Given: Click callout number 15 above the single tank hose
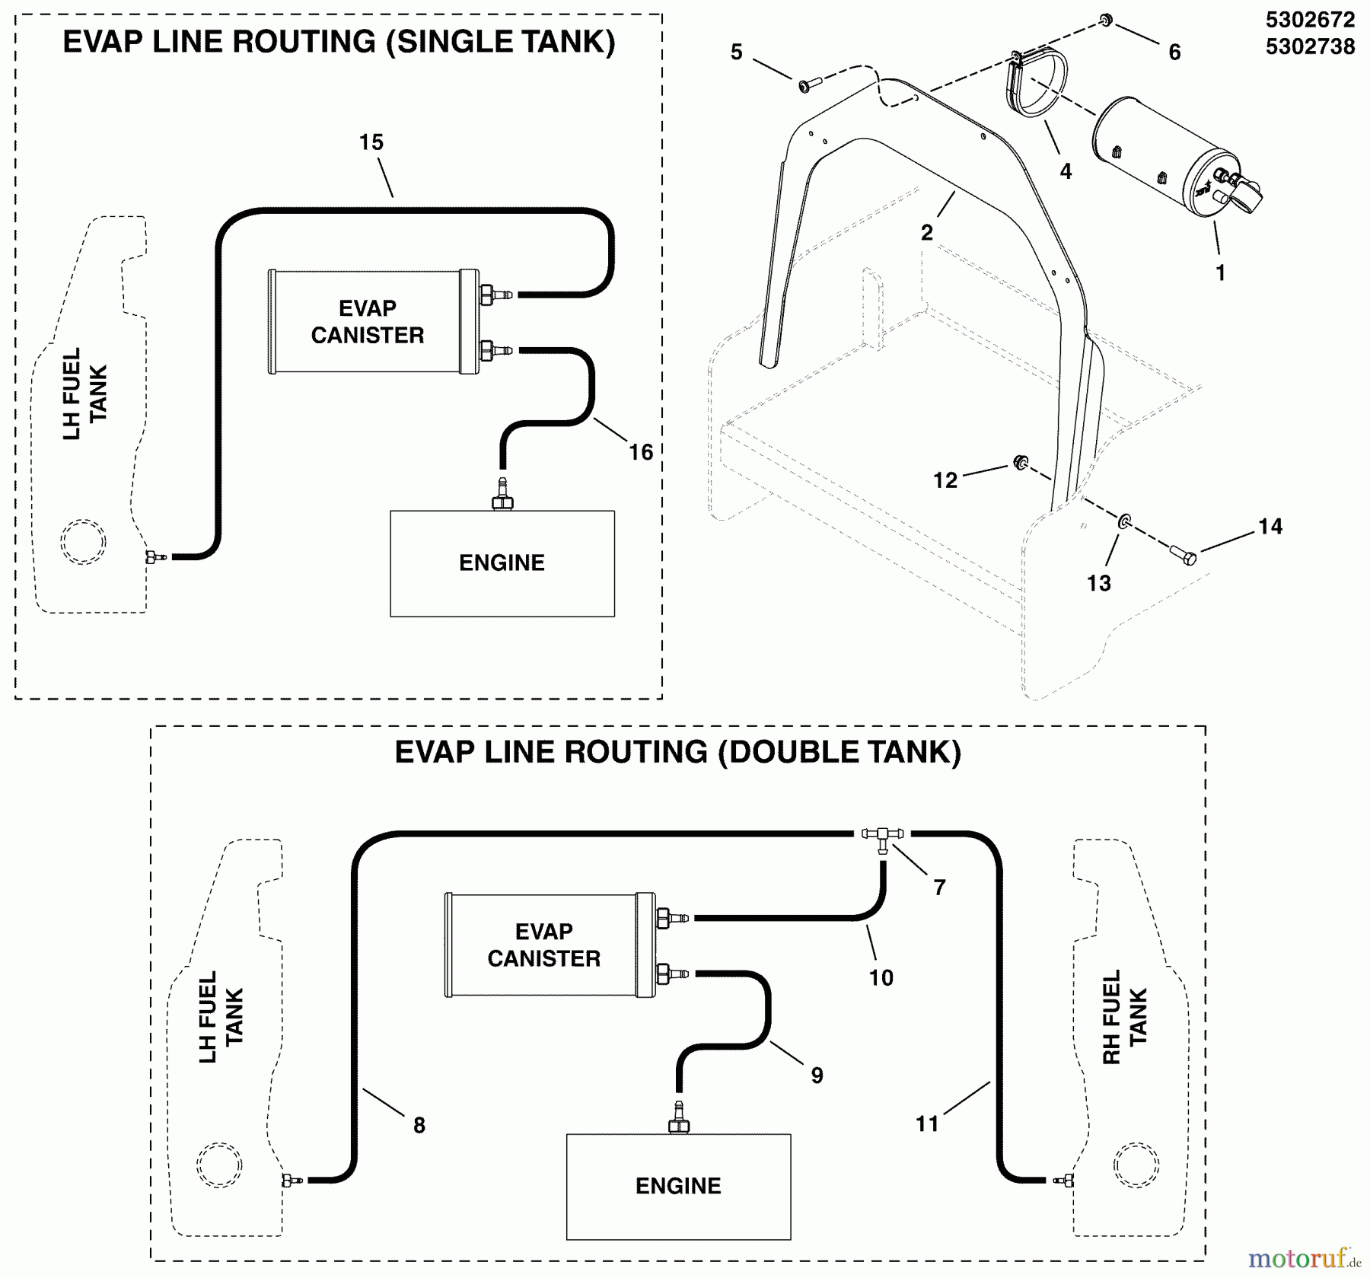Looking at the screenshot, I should pos(371,142).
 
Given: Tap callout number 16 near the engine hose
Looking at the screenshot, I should pos(640,452).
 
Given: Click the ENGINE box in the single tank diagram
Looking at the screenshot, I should pos(502,563).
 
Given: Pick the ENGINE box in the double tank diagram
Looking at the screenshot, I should pos(678,1186).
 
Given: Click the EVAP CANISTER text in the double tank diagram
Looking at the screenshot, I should pos(543,945).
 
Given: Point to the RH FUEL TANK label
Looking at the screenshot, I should pos(1124,1017).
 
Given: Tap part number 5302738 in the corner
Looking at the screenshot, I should pos(1310,47).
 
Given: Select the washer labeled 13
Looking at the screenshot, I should pos(1123,521).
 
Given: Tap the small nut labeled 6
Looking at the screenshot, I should pos(1107,20).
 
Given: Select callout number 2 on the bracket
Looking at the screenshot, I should pos(926,233).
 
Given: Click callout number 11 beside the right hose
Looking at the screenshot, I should pos(927,1123).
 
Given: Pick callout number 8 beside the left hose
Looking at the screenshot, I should pos(419,1125).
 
